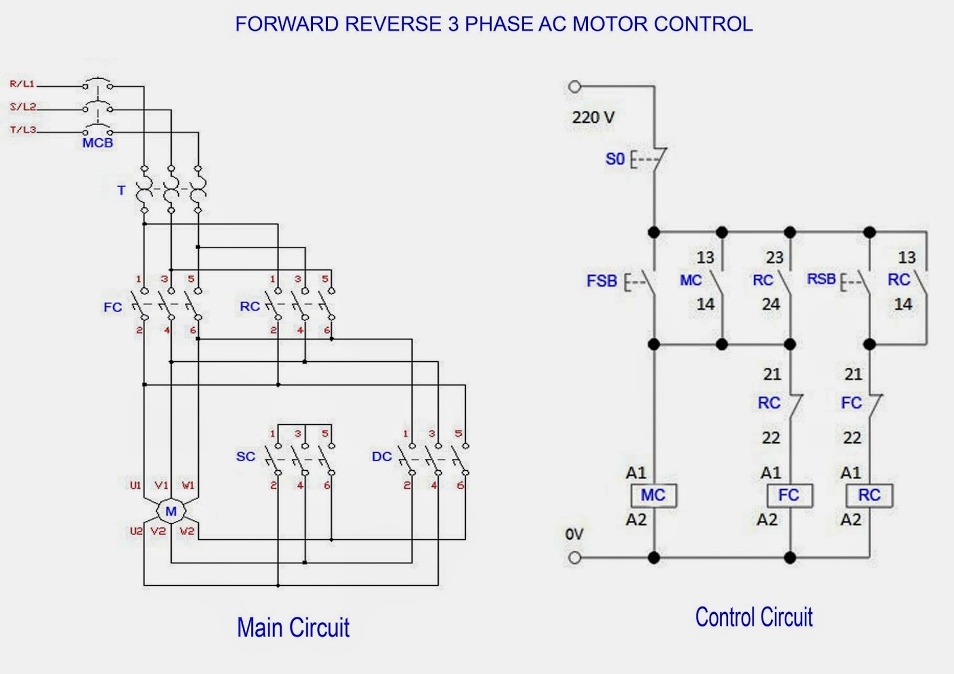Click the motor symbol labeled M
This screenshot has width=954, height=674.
point(171,511)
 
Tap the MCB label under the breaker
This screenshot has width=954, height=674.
point(98,143)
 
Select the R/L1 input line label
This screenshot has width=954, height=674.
point(22,84)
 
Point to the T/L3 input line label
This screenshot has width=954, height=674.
point(23,129)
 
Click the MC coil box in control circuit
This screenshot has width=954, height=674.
point(653,495)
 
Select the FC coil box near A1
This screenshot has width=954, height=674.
point(789,495)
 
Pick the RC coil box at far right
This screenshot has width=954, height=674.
point(869,495)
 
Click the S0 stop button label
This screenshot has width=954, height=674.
point(615,159)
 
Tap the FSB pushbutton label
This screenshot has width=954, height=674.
point(602,281)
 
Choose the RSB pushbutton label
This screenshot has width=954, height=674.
point(822,279)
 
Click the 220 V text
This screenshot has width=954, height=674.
point(593,117)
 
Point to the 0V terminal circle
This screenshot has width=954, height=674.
point(574,558)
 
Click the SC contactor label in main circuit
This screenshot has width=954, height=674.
point(246,456)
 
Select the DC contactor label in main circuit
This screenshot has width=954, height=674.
point(382,456)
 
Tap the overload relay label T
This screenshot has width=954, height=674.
point(121,191)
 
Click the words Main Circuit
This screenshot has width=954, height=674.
point(293,628)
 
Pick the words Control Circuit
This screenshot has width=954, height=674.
point(754,617)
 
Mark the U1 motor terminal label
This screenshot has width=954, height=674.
point(135,485)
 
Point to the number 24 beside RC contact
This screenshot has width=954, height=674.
point(770,305)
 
